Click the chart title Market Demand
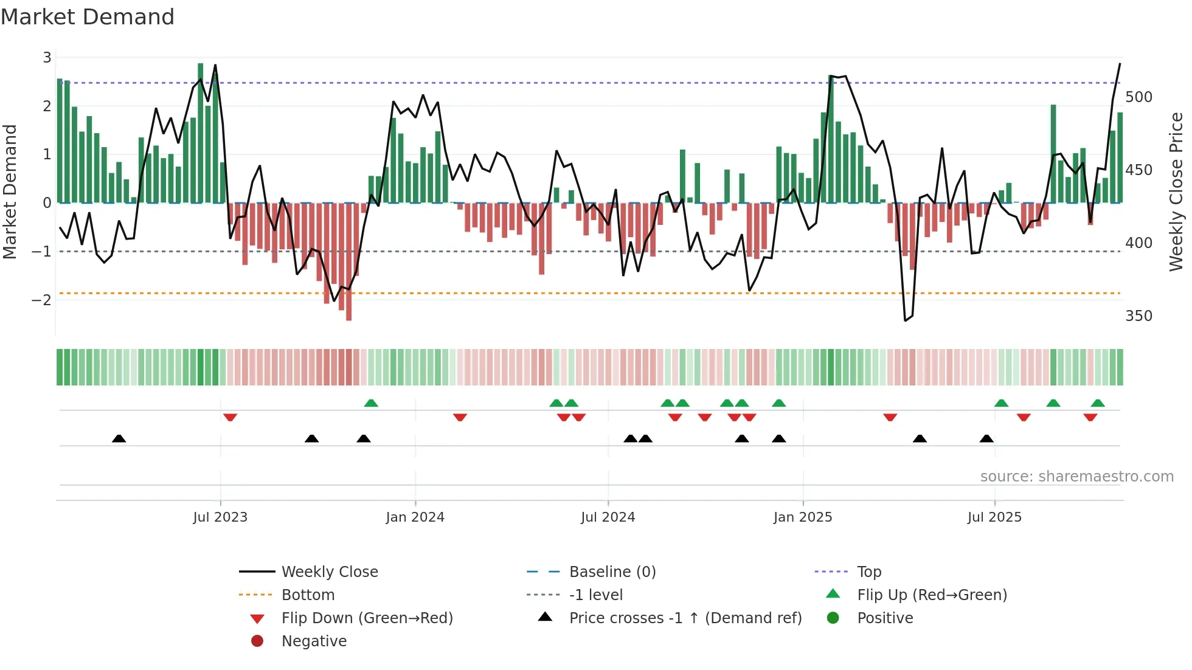click(88, 17)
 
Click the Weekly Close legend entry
click(329, 572)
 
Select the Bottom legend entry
click(308, 595)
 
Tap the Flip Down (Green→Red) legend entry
click(367, 618)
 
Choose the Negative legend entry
click(314, 641)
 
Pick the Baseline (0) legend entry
click(612, 572)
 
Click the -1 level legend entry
click(595, 595)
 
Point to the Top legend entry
click(868, 572)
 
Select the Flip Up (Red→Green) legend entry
click(932, 595)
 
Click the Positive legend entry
click(885, 618)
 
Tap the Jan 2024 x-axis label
click(415, 517)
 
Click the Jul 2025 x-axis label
click(994, 517)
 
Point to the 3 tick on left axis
click(47, 58)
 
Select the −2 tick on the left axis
click(41, 300)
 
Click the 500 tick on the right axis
click(1138, 97)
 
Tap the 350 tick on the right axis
click(1138, 316)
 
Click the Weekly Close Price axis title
click(1176, 192)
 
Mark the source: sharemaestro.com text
click(1076, 476)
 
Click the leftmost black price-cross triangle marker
click(119, 438)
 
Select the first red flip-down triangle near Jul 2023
click(230, 417)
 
